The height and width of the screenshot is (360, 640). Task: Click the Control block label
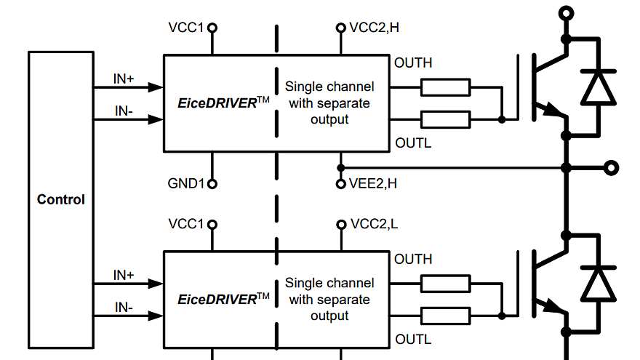[61, 199]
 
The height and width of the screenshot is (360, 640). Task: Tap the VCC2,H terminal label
[374, 28]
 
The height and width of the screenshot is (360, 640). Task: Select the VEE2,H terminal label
[373, 184]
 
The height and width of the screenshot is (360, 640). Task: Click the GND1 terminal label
[186, 184]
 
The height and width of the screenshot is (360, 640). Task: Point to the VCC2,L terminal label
[374, 224]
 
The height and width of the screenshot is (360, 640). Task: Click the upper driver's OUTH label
[412, 63]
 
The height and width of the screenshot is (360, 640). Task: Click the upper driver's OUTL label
[412, 143]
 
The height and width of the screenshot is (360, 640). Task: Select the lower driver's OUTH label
[412, 260]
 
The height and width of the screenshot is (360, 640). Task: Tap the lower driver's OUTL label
[412, 340]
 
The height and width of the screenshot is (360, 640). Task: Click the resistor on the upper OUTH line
[446, 88]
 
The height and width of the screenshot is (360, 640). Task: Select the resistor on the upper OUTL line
[446, 119]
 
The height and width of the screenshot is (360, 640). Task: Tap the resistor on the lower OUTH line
[446, 284]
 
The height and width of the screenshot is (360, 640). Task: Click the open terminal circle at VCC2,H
[340, 28]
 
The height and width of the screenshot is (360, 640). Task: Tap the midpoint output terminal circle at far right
[612, 168]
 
